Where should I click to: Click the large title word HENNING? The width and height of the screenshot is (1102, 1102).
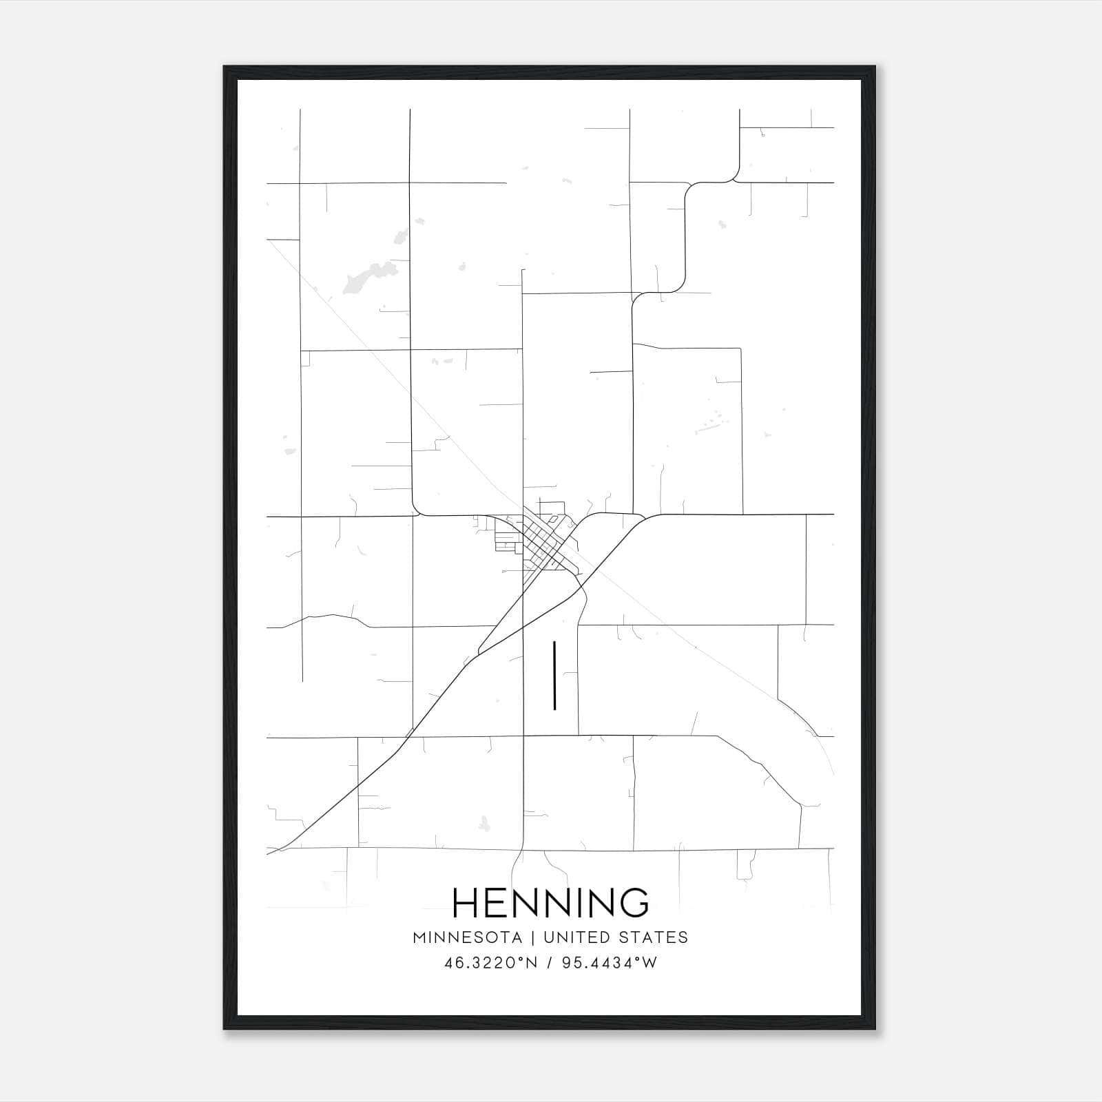click(550, 902)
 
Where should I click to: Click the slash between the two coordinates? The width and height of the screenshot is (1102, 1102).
click(549, 963)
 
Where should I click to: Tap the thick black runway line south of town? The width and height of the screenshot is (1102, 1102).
click(554, 675)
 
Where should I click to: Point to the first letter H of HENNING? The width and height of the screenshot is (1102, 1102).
click(466, 902)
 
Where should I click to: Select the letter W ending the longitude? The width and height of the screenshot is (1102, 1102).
click(649, 963)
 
